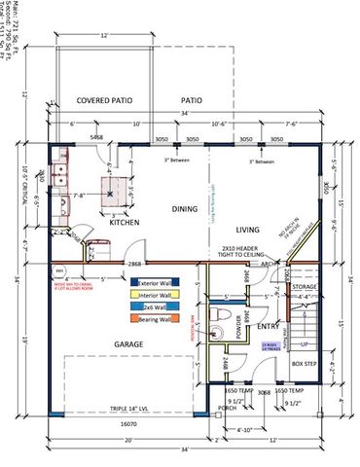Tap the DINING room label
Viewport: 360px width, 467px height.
(185, 206)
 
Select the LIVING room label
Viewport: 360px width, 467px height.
(251, 229)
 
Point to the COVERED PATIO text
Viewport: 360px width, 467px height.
(109, 101)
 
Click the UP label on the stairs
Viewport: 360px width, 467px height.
(303, 344)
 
